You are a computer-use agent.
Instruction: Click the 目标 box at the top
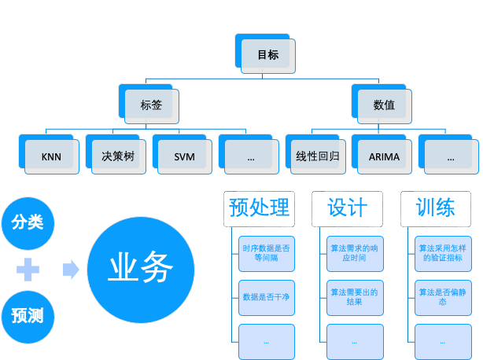pyautogui.click(x=267, y=55)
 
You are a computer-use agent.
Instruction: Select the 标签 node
pyautogui.click(x=152, y=105)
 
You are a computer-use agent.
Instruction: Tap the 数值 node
pyautogui.click(x=384, y=105)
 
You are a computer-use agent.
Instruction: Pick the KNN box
pyautogui.click(x=51, y=156)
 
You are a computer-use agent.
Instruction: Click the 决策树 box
pyautogui.click(x=118, y=156)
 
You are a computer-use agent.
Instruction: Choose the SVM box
pyautogui.click(x=185, y=156)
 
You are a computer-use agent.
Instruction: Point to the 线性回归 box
pyautogui.click(x=317, y=156)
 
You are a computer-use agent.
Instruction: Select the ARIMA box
pyautogui.click(x=384, y=156)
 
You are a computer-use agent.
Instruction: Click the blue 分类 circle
pyautogui.click(x=28, y=222)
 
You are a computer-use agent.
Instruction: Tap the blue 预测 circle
pyautogui.click(x=28, y=316)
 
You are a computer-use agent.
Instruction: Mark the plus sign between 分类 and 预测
pyautogui.click(x=28, y=270)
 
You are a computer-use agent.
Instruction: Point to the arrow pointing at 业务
pyautogui.click(x=71, y=270)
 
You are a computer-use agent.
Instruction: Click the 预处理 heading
pyautogui.click(x=259, y=208)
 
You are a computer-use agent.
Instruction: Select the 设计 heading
pyautogui.click(x=347, y=208)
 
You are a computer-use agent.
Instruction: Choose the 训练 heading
pyautogui.click(x=435, y=208)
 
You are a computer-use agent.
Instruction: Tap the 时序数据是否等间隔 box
pyautogui.click(x=266, y=252)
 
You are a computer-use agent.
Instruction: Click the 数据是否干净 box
pyautogui.click(x=266, y=297)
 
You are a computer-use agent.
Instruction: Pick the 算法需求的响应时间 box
pyautogui.click(x=354, y=252)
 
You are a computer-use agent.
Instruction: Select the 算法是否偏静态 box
pyautogui.click(x=443, y=297)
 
